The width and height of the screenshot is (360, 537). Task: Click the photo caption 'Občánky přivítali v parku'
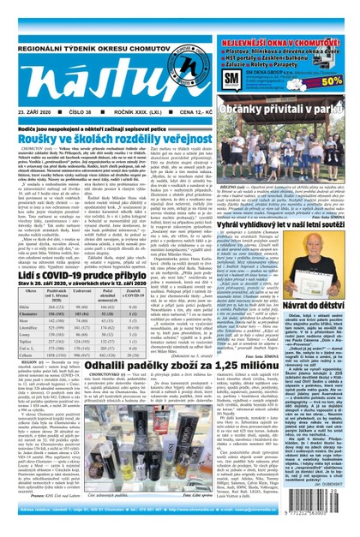296,110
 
